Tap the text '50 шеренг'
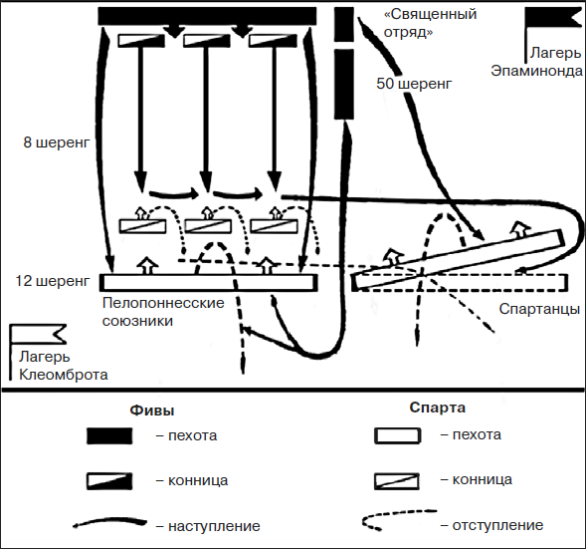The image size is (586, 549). pos(413,84)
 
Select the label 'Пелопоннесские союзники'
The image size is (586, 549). pos(164,312)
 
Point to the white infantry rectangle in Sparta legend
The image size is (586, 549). pos(400,435)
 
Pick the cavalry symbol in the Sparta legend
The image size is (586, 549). pos(400,480)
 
